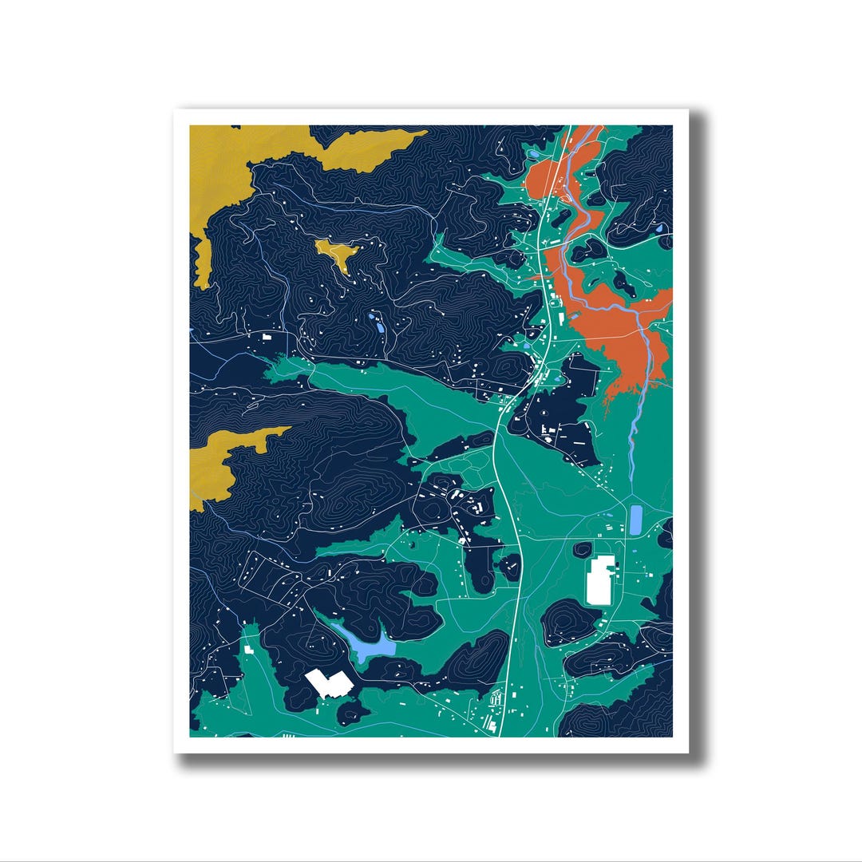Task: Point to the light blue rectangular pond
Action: (636, 520)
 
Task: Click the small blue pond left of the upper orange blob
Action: (530, 153)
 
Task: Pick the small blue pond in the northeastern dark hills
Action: (659, 229)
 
